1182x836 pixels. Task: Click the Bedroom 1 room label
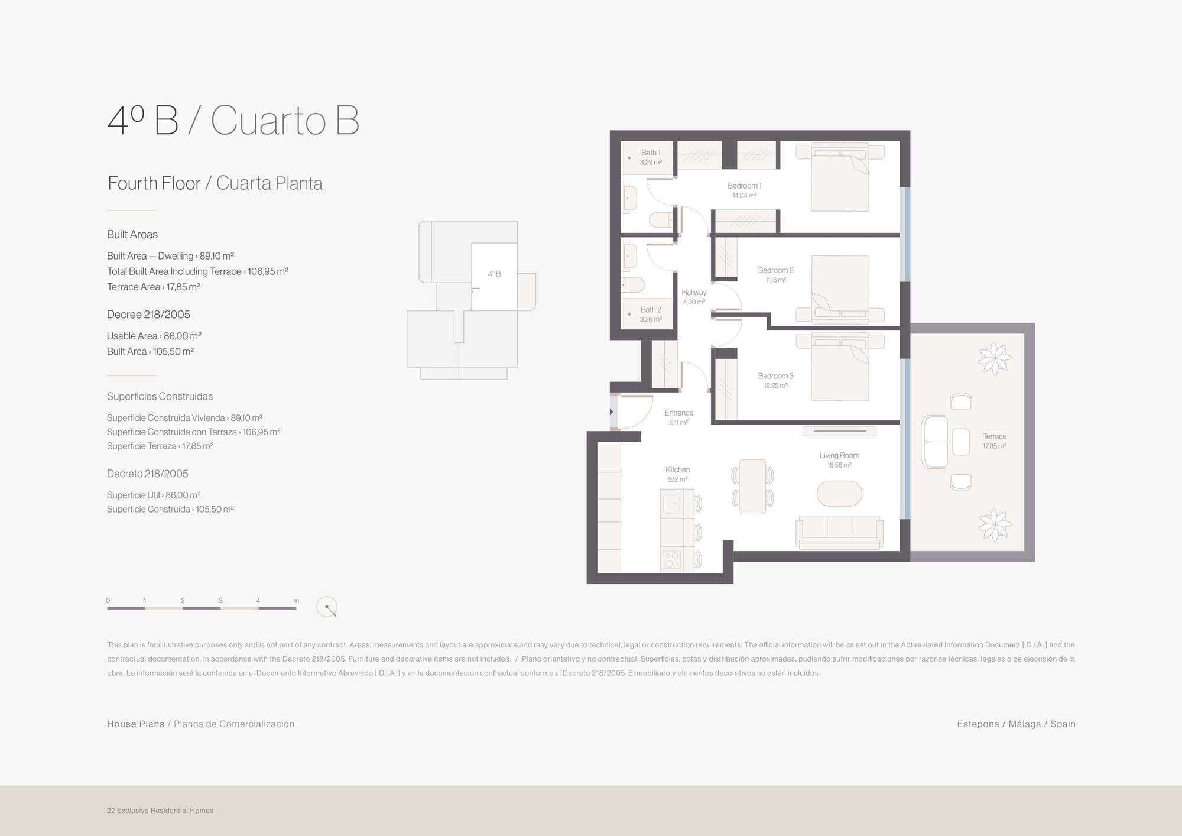point(744,186)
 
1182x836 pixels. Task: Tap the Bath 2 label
point(651,310)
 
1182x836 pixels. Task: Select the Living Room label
point(839,455)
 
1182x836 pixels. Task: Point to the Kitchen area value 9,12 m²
point(677,479)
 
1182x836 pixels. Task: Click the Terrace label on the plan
point(995,436)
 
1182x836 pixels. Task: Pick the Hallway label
point(694,292)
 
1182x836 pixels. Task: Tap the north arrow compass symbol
point(327,607)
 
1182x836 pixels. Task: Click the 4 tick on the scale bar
point(258,601)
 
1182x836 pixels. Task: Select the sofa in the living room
point(839,532)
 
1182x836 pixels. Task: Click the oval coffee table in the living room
point(839,494)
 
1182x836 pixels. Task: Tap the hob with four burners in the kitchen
point(672,559)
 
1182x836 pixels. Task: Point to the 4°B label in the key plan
point(494,274)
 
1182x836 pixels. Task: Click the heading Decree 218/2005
point(148,315)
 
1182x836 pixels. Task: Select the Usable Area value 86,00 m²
point(183,336)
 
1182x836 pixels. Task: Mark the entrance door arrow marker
point(612,411)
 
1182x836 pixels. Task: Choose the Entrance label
point(678,413)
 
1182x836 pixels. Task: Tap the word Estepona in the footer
point(978,724)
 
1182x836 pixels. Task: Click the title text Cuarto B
point(285,121)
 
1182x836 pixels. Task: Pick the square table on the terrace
point(961,442)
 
